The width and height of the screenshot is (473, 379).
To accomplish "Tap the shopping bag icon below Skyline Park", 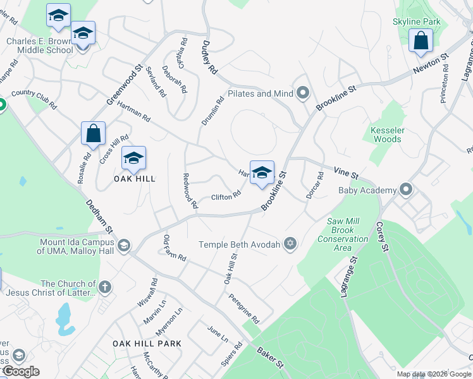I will pos(421,41).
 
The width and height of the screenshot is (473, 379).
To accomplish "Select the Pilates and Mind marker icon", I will pos(303,93).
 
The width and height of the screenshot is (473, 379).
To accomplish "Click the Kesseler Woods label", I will pos(386,134).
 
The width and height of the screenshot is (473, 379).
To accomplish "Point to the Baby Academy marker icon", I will pos(406,189).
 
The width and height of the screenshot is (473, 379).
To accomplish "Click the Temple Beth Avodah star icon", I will pos(290,244).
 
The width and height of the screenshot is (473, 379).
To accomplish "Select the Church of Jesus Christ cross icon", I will pos(105,287).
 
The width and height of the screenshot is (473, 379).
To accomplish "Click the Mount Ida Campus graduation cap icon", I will pos(125,244).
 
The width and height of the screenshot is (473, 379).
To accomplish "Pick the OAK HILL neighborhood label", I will pos(134,179).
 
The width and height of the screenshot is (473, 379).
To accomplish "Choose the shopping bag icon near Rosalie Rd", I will pos(93,134).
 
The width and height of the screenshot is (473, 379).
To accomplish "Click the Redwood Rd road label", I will pos(190,191).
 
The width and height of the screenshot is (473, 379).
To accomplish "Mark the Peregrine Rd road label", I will pos(244,307).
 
